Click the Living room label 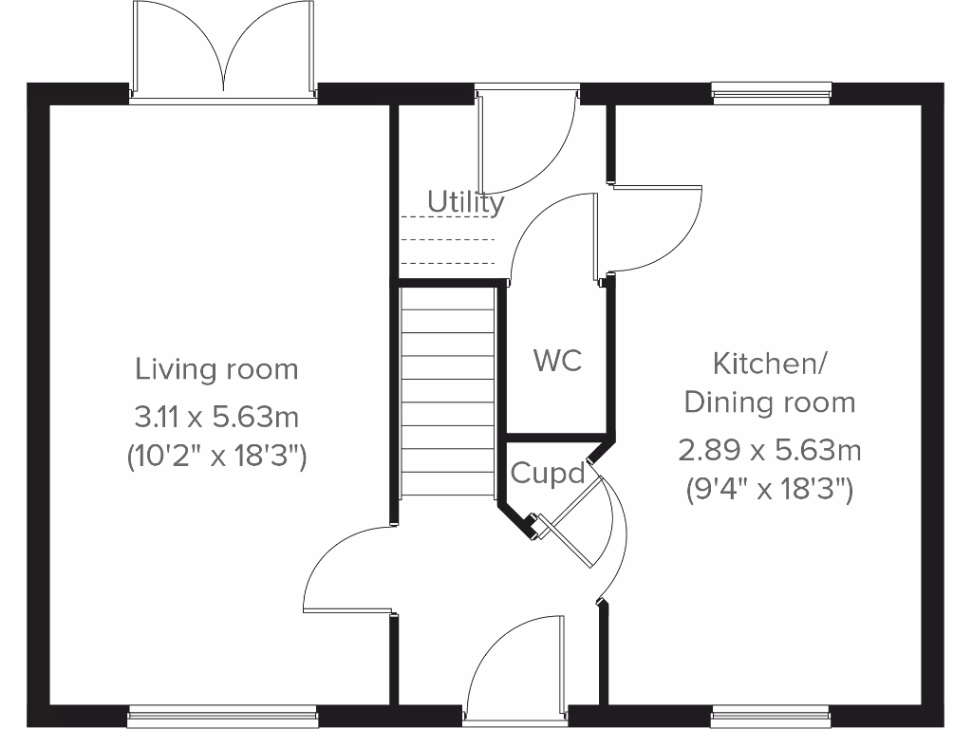pyautogui.click(x=216, y=368)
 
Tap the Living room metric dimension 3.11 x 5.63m pyautogui.click(x=216, y=416)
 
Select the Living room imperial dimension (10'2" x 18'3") pyautogui.click(x=216, y=457)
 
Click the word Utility pyautogui.click(x=465, y=202)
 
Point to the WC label pyautogui.click(x=557, y=361)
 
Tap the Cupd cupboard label pyautogui.click(x=548, y=473)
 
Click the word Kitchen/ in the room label pyautogui.click(x=770, y=363)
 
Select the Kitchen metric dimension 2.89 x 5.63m pyautogui.click(x=770, y=449)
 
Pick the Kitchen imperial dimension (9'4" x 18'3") pyautogui.click(x=770, y=490)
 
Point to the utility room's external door pyautogui.click(x=527, y=142)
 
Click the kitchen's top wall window pyautogui.click(x=771, y=91)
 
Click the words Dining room pyautogui.click(x=770, y=402)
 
